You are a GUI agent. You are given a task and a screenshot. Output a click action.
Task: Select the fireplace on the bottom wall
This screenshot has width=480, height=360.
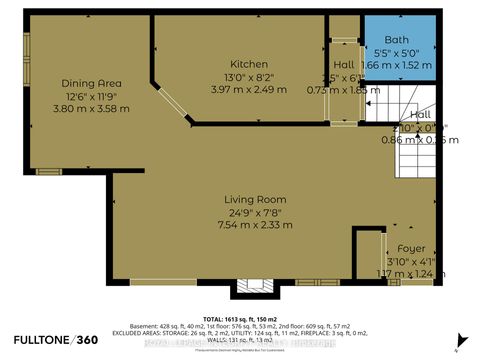click(246, 288)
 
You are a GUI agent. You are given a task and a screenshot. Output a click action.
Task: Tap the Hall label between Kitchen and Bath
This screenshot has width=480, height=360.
click(342, 64)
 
